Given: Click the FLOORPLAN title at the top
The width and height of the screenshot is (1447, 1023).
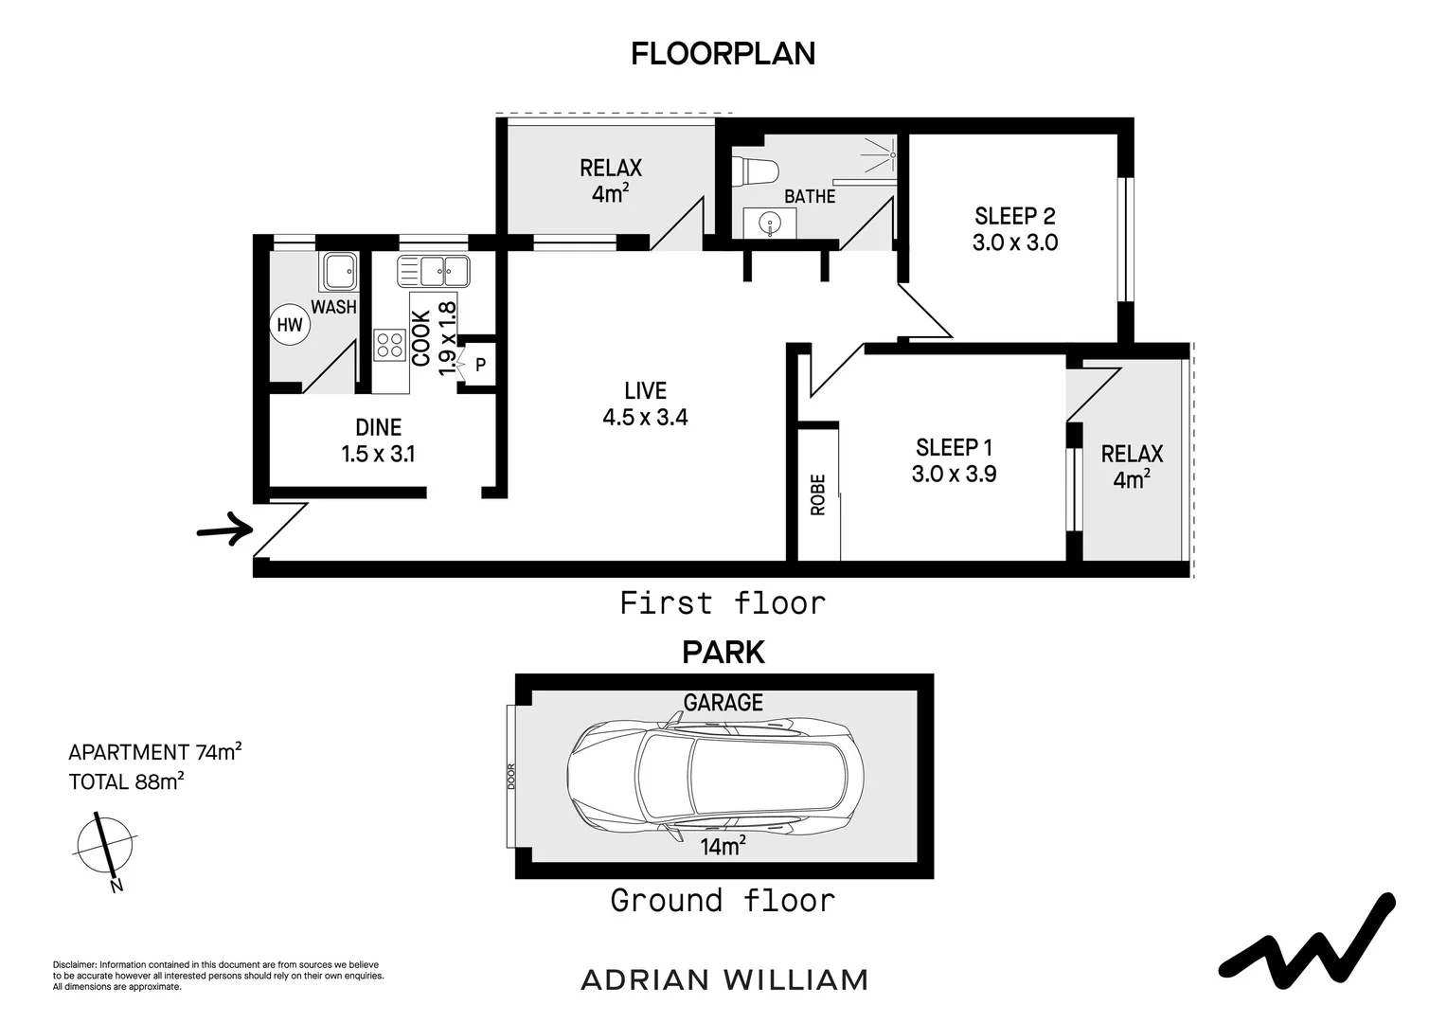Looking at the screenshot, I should (723, 54).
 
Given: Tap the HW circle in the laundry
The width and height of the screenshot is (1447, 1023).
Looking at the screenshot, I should (289, 326).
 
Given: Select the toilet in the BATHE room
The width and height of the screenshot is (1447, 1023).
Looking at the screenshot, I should (757, 170).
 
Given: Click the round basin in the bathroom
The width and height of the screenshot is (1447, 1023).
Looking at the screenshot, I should (771, 224).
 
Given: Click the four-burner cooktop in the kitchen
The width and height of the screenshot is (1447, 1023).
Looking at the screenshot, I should (388, 345).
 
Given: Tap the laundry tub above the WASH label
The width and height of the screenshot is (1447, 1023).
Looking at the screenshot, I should (338, 272).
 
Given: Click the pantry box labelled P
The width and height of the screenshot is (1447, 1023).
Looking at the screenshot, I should (480, 364).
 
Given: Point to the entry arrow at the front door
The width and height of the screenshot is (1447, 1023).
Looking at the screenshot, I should (224, 526).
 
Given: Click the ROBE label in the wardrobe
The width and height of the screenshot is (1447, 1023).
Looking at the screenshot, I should (818, 494).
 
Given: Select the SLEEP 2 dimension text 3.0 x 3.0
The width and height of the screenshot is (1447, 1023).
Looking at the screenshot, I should (1014, 242).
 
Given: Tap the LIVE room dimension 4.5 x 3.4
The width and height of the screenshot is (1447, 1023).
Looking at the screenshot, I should (645, 417).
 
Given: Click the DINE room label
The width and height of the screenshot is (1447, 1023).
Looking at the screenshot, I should (378, 428).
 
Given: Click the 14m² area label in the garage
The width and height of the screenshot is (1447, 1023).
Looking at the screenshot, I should (722, 847).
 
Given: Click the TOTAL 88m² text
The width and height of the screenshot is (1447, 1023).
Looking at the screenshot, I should (126, 782).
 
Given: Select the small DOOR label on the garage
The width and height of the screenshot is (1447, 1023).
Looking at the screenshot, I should (511, 777).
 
